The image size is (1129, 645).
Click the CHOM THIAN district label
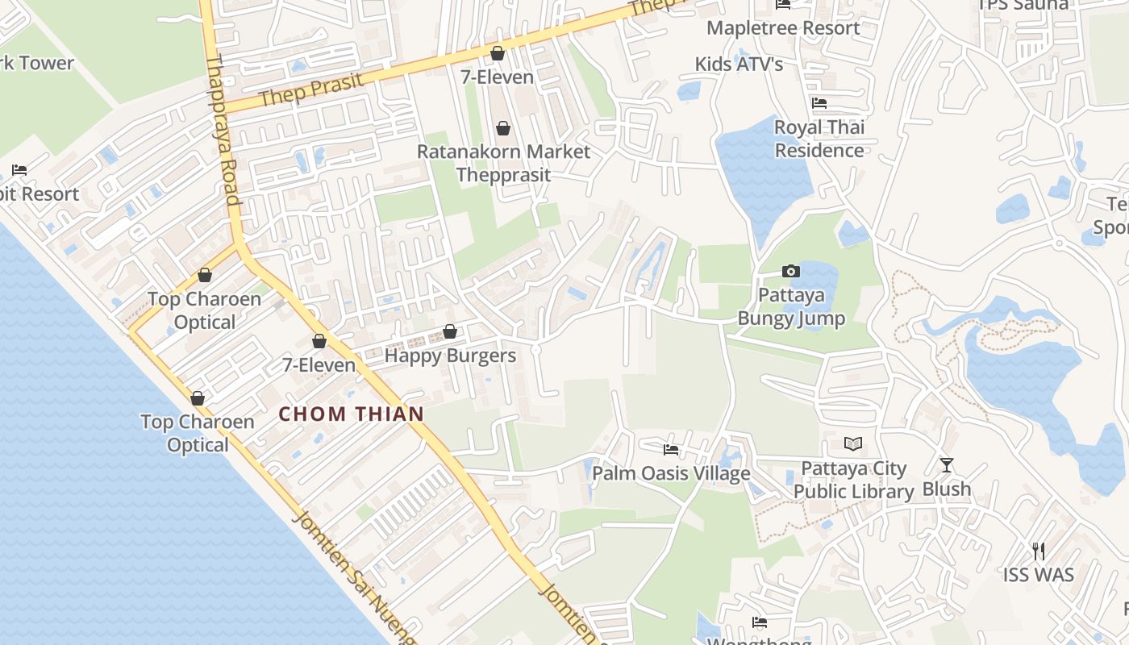(351, 414)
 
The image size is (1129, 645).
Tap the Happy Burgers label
(450, 356)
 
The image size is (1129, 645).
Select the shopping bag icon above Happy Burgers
(450, 331)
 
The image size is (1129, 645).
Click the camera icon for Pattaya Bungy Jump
(790, 271)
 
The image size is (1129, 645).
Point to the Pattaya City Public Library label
(853, 480)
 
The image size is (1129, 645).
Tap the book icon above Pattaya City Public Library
(852, 443)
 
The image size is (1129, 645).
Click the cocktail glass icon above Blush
(947, 465)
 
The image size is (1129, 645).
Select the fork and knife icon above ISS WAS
(1039, 551)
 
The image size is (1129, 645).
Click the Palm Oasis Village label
(671, 473)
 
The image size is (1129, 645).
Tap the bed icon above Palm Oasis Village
(671, 449)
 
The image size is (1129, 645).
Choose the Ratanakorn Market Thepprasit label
(503, 163)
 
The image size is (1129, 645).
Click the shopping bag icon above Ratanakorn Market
(503, 128)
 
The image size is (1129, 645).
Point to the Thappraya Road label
(223, 129)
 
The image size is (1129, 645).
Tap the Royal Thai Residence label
(819, 139)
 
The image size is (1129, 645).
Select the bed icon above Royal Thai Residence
(819, 103)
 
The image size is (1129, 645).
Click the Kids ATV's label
(739, 64)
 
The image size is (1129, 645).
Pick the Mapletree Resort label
(783, 28)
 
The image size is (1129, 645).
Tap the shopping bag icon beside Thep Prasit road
(498, 53)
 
